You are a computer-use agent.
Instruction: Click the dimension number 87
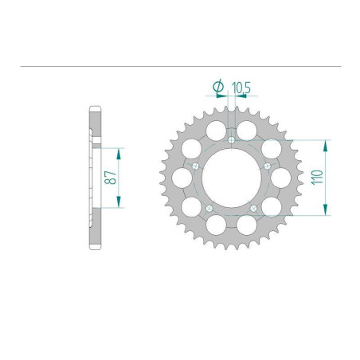pos(113,177)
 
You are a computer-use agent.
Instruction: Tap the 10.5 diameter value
pos(240,87)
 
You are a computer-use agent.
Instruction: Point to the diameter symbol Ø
pos(217,86)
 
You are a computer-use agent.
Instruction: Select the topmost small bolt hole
pos(230,140)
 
